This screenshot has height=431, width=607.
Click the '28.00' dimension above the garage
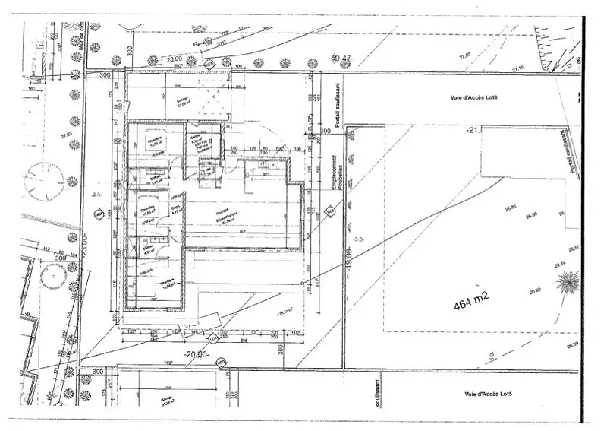click(175, 59)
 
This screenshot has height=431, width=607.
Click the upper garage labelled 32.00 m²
click(183, 103)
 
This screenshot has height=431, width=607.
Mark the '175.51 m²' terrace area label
click(286, 312)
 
